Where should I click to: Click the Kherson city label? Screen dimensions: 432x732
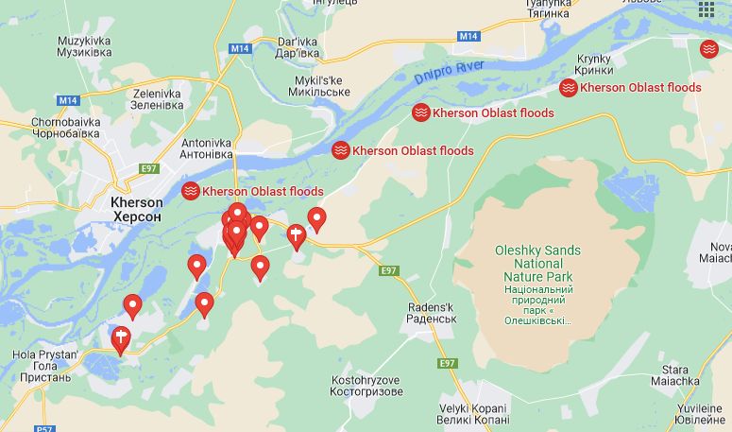(137, 209)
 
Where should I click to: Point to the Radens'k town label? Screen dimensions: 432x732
(432, 313)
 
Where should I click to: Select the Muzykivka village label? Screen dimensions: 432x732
(84, 46)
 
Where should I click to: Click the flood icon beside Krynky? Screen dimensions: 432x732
(569, 88)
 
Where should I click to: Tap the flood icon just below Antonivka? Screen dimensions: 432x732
(191, 191)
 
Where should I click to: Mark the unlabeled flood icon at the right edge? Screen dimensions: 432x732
(709, 48)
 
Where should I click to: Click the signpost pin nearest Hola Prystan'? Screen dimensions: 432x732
(121, 337)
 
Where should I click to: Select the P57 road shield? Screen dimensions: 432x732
(43, 428)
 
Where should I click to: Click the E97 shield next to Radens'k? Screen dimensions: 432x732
(388, 271)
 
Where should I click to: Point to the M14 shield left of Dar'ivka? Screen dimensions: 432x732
(241, 48)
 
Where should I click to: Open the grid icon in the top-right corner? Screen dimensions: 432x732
(706, 9)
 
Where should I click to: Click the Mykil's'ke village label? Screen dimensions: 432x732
(316, 86)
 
